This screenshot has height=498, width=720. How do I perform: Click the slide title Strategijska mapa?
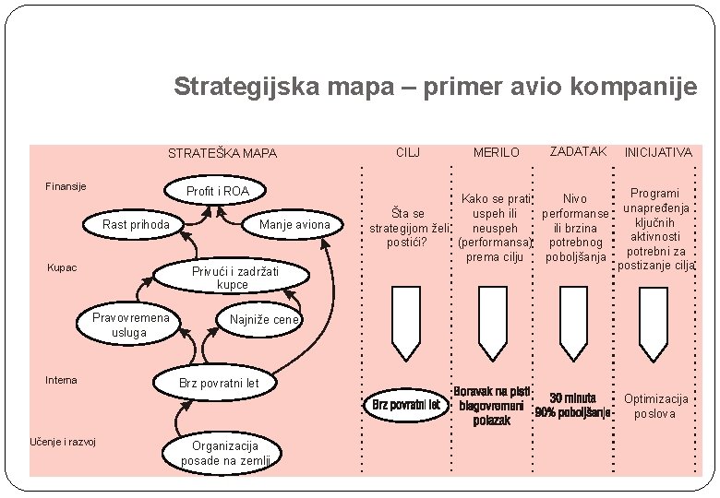click(x=435, y=88)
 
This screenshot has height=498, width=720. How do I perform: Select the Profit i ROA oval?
click(x=218, y=191)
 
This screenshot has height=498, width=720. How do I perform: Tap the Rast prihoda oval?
click(x=136, y=224)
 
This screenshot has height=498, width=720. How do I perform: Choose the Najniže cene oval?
click(x=265, y=320)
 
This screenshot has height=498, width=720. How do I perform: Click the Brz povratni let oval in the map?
click(x=220, y=382)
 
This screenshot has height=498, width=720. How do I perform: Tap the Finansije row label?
click(x=66, y=186)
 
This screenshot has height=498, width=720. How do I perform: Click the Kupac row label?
click(x=62, y=268)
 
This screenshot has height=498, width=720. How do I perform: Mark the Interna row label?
click(x=62, y=380)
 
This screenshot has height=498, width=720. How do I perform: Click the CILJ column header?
click(x=409, y=151)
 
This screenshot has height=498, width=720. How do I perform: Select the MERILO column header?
click(x=497, y=152)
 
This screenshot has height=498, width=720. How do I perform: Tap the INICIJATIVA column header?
click(x=657, y=152)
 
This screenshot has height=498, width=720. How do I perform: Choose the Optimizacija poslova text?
click(x=655, y=406)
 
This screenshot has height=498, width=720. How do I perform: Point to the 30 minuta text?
click(x=573, y=398)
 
